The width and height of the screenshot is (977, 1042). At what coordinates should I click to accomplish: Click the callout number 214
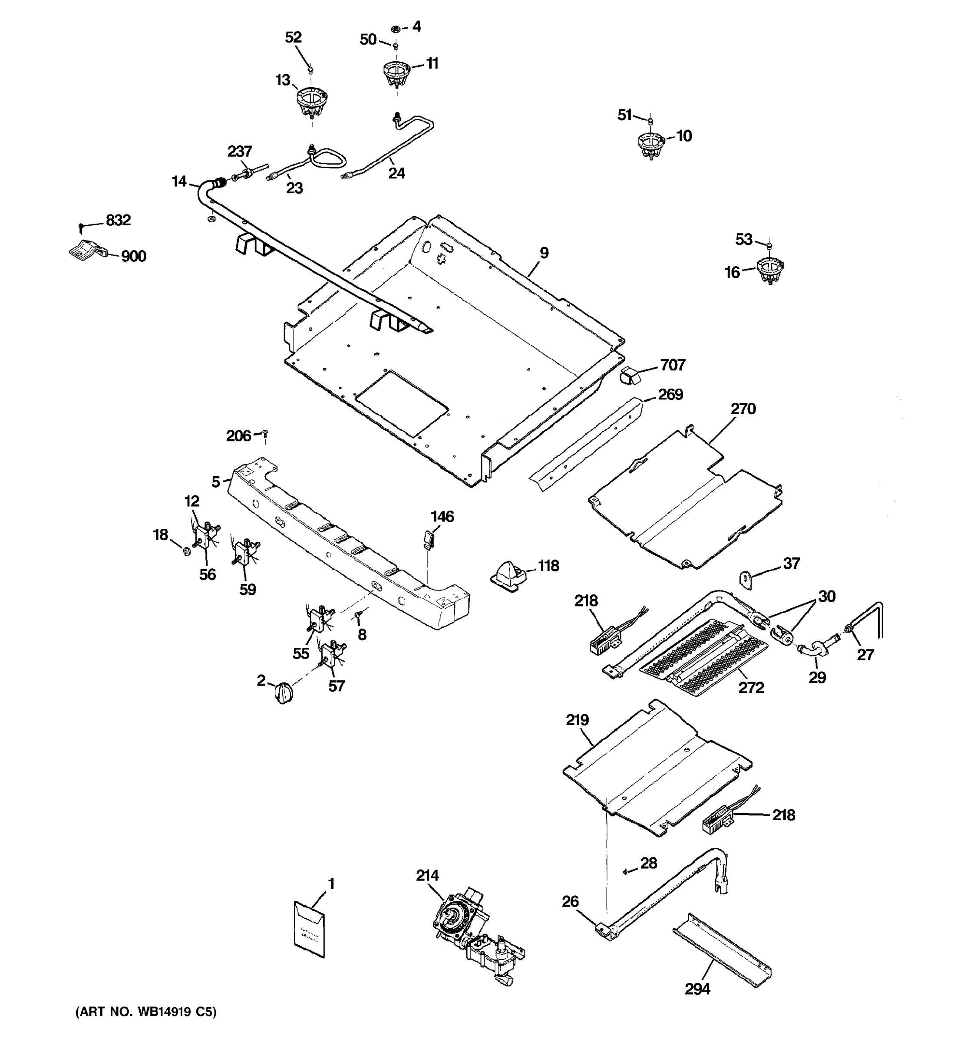(427, 876)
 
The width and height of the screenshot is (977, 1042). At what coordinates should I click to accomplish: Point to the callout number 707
(673, 365)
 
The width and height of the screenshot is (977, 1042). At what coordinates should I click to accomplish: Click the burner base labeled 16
(769, 271)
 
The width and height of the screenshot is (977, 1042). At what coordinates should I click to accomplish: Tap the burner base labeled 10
(651, 146)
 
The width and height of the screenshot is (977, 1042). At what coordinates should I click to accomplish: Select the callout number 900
(133, 256)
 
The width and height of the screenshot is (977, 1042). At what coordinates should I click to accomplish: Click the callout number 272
(751, 687)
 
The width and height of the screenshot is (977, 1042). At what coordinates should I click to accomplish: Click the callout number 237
(240, 152)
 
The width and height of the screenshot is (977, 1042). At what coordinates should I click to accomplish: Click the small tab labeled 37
(745, 580)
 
